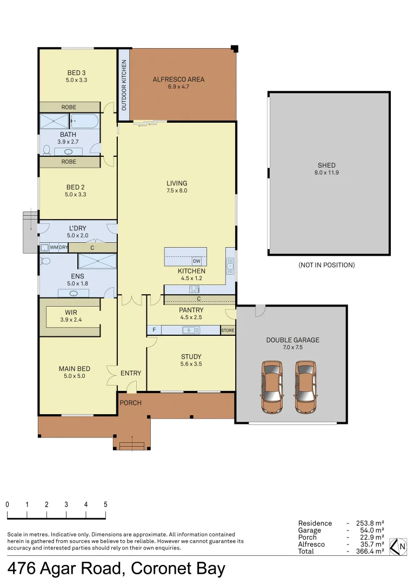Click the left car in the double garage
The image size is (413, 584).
click(272, 387)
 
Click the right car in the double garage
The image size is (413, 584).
click(305, 387)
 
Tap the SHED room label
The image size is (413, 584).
click(326, 165)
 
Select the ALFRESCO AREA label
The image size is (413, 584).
click(178, 79)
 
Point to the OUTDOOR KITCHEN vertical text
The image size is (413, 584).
click(124, 85)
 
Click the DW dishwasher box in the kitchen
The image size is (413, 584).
click(196, 261)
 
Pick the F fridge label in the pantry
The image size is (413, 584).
click(154, 330)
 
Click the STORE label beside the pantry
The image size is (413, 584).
click(228, 330)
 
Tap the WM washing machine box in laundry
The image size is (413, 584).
click(54, 248)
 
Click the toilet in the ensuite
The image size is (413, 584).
click(46, 261)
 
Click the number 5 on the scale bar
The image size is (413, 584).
click(105, 504)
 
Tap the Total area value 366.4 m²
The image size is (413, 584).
click(370, 551)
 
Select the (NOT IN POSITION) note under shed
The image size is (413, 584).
click(326, 265)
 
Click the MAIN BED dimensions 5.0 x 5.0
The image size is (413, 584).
click(74, 376)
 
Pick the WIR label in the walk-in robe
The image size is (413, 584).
click(71, 313)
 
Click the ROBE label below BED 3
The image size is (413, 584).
click(69, 107)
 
